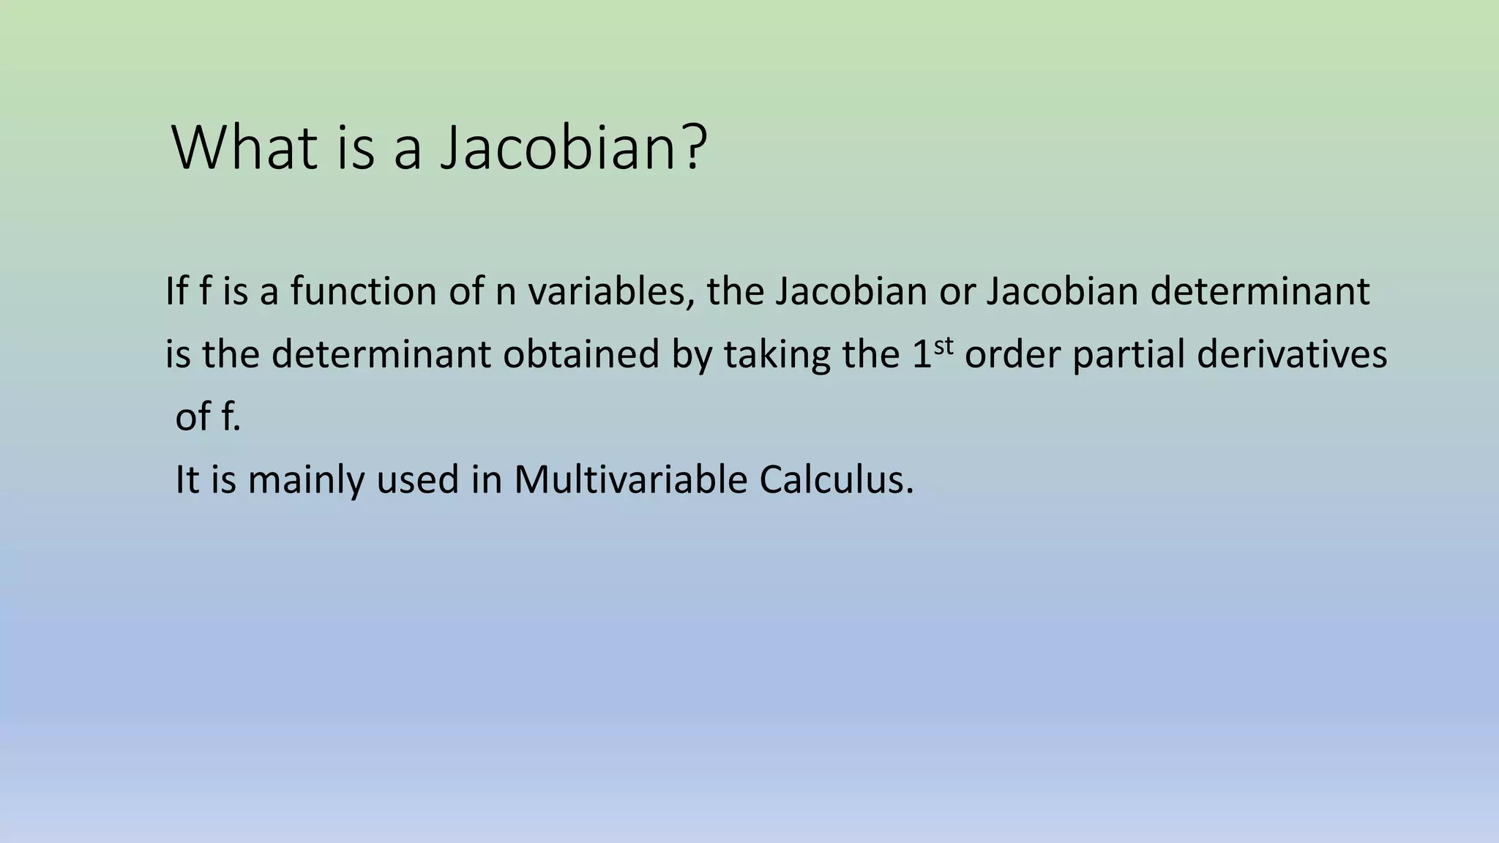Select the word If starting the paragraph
coord(176,291)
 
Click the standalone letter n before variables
coord(506,292)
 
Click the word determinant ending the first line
coord(1259,292)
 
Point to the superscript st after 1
coord(944,345)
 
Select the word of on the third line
coord(193,418)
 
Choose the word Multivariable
coord(629,481)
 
